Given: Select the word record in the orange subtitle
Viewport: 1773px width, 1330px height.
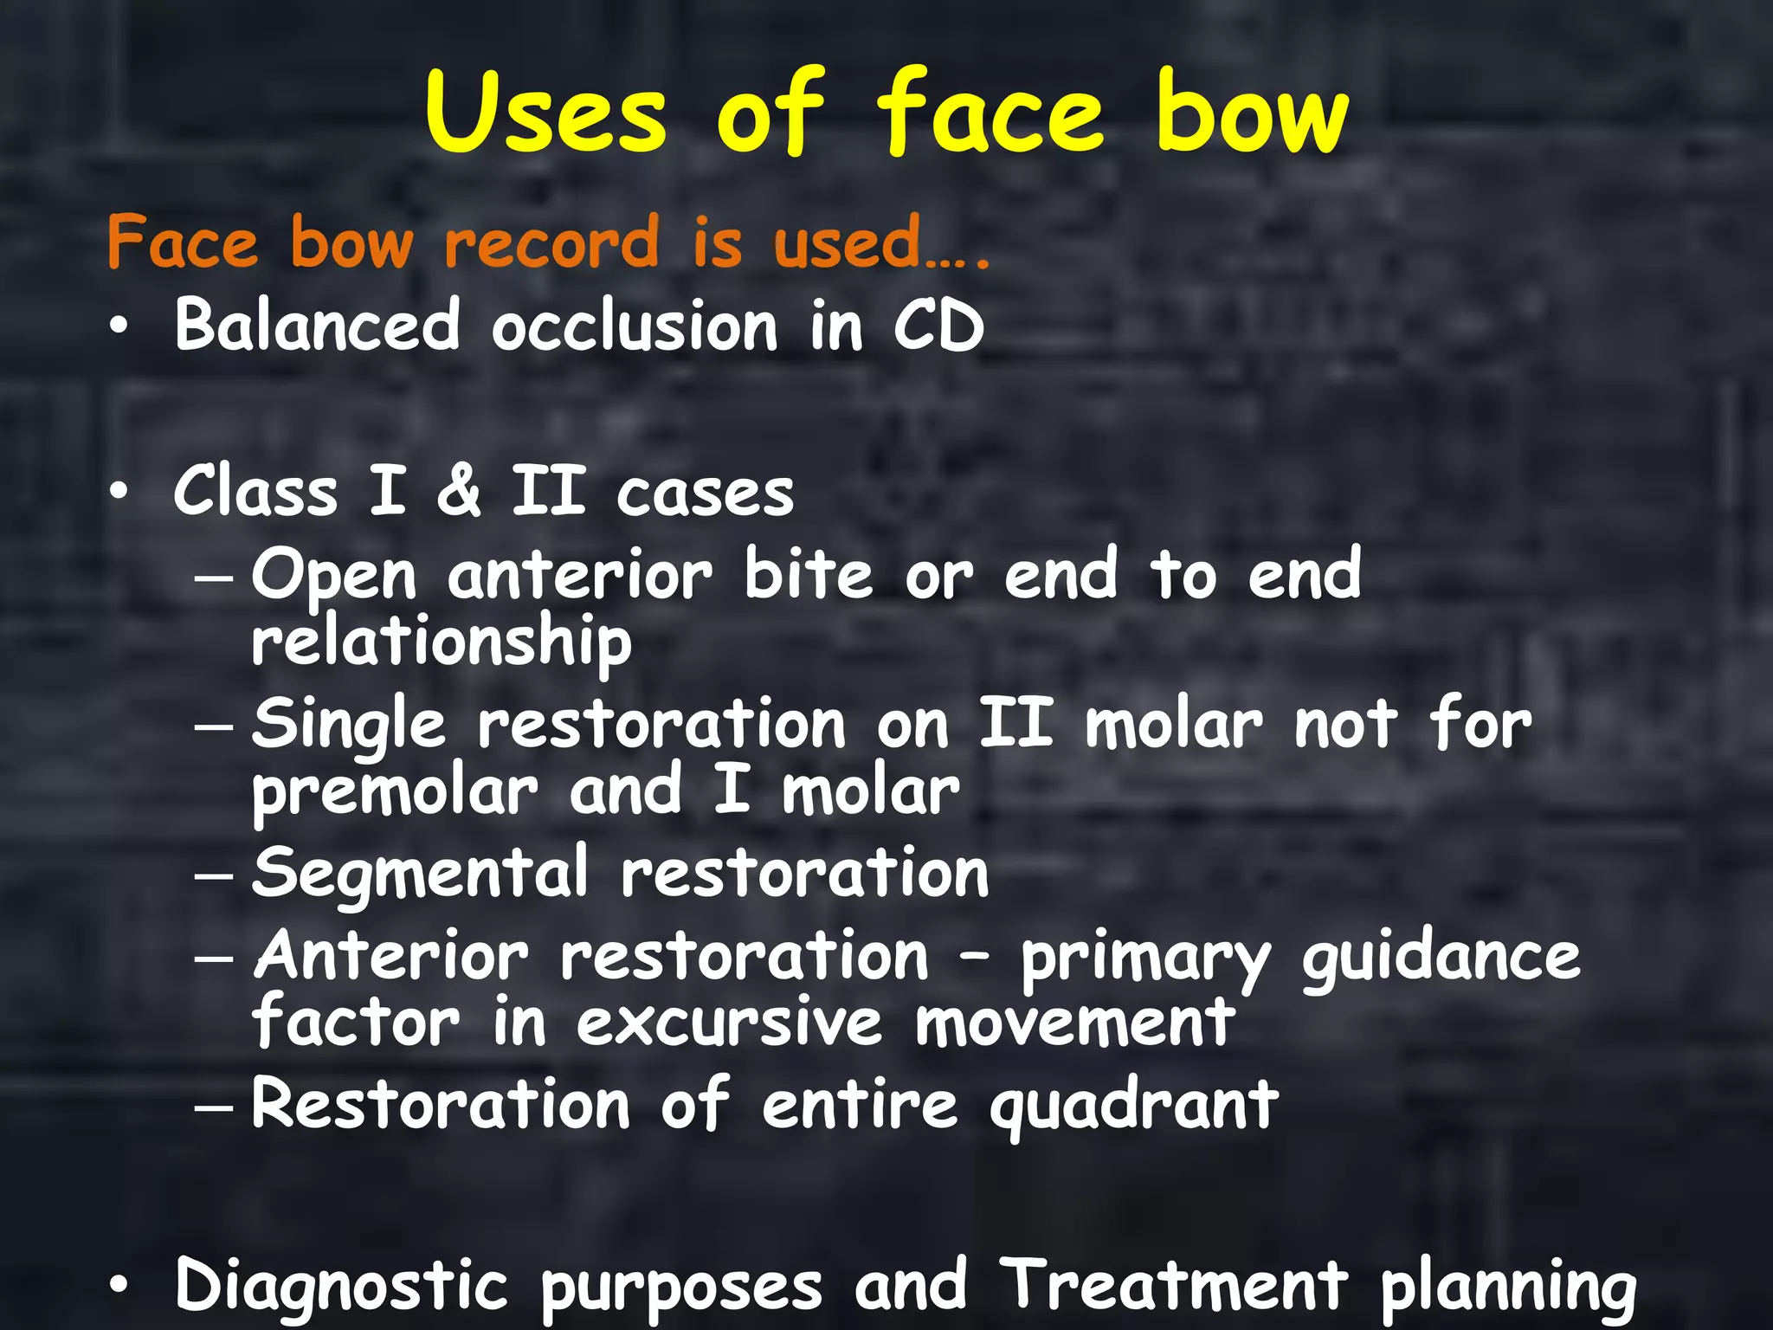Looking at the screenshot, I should [x=551, y=242].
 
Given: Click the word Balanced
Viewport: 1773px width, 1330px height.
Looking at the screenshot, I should [x=317, y=326].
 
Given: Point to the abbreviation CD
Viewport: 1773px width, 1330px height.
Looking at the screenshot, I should [x=938, y=326].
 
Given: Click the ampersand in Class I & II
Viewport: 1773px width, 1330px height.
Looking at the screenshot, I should [x=458, y=490].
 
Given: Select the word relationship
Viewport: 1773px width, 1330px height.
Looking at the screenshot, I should [x=442, y=642].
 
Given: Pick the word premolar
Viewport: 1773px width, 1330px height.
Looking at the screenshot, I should [x=395, y=791].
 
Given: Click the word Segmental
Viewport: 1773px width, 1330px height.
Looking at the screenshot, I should [x=421, y=873].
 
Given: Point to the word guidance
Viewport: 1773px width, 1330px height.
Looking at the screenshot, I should [x=1441, y=958].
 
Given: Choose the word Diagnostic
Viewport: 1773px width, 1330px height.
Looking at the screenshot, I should [x=341, y=1285].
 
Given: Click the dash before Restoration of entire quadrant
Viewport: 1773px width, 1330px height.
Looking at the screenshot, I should [x=214, y=1107].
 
